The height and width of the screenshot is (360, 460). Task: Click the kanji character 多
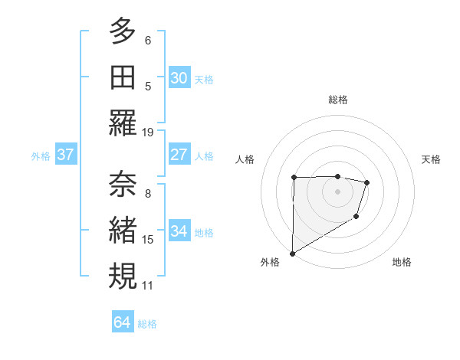point(123,31)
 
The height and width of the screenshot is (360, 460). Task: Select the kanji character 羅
point(123,123)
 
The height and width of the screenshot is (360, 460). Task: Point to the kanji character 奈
point(123,184)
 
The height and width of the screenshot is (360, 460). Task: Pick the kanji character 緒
point(123,230)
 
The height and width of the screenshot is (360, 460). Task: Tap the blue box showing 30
point(179,78)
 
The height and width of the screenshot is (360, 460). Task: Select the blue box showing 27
point(179,155)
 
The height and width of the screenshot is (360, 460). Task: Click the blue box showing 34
point(179,231)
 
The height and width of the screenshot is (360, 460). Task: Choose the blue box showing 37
point(65,155)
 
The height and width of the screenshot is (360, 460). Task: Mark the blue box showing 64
point(122,322)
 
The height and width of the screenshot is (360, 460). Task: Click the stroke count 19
point(148,132)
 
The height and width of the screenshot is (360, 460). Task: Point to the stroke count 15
point(148,240)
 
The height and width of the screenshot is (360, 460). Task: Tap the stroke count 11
point(148,286)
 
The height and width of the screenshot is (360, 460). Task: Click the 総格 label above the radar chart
point(338,100)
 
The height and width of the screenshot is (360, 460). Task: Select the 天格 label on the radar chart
point(432,159)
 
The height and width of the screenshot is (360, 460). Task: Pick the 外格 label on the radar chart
point(269,262)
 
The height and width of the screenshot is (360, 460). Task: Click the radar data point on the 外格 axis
point(292,253)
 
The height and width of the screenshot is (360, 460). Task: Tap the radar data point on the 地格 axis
point(356,218)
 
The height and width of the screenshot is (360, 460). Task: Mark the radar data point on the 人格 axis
point(294,178)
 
